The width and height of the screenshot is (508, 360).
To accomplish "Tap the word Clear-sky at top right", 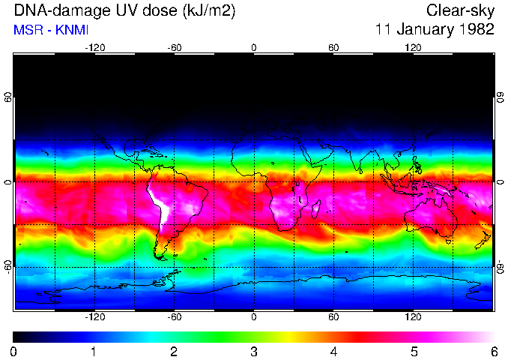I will pyautogui.click(x=461, y=11).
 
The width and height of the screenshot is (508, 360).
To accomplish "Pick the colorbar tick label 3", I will pyautogui.click(x=254, y=351).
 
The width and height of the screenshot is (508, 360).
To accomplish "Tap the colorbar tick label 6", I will pyautogui.click(x=494, y=351).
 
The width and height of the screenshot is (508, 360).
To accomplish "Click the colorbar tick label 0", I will pyautogui.click(x=14, y=351).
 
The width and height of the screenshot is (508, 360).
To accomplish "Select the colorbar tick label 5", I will pyautogui.click(x=414, y=351).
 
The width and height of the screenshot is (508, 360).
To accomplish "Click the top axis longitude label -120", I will pyautogui.click(x=94, y=47).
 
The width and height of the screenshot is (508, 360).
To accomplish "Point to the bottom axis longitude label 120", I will pyautogui.click(x=414, y=317).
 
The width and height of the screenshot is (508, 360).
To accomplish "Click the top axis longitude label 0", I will pyautogui.click(x=254, y=47).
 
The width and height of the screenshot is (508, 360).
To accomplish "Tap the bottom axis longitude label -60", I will pyautogui.click(x=174, y=317).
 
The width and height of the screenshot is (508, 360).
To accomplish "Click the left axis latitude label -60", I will pyautogui.click(x=8, y=266).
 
